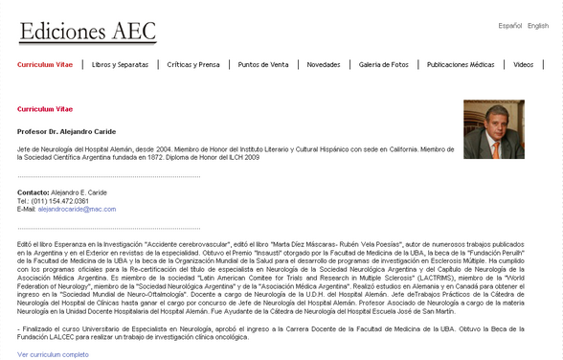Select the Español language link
pyautogui.click(x=510, y=26)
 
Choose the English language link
pyautogui.click(x=538, y=26)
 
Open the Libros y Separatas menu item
pyautogui.click(x=121, y=64)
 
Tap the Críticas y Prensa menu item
pyautogui.click(x=192, y=64)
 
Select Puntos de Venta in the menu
pyautogui.click(x=263, y=64)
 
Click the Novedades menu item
pyautogui.click(x=324, y=64)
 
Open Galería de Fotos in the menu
pyautogui.click(x=384, y=64)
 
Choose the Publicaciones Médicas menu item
pyautogui.click(x=461, y=64)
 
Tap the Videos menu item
pyautogui.click(x=523, y=64)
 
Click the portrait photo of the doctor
pyautogui.click(x=493, y=129)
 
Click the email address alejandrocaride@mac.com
pyautogui.click(x=77, y=208)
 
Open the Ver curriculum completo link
pyautogui.click(x=53, y=353)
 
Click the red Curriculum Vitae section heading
pyautogui.click(x=44, y=109)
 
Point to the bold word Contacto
pyautogui.click(x=33, y=192)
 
